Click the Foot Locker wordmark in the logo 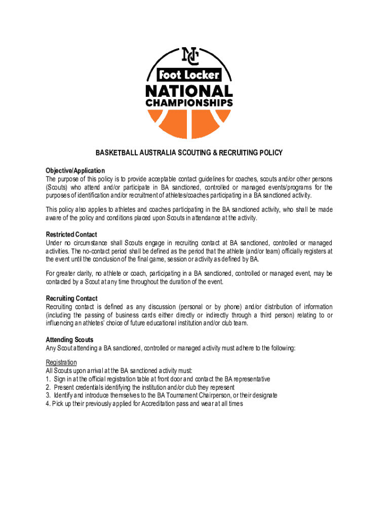pyautogui.click(x=190, y=76)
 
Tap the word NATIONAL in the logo pyautogui.click(x=189, y=91)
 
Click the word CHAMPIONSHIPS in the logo pyautogui.click(x=189, y=103)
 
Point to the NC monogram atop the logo pyautogui.click(x=190, y=55)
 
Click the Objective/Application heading pyautogui.click(x=75, y=170)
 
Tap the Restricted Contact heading pyautogui.click(x=71, y=235)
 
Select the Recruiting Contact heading pyautogui.click(x=71, y=299)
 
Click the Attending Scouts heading pyautogui.click(x=69, y=340)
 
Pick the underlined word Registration pyautogui.click(x=61, y=362)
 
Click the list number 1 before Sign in pyautogui.click(x=48, y=379)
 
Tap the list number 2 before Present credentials pyautogui.click(x=48, y=387)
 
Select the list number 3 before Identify pyautogui.click(x=48, y=395)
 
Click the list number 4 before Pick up pyautogui.click(x=48, y=404)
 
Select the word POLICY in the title pyautogui.click(x=270, y=153)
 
